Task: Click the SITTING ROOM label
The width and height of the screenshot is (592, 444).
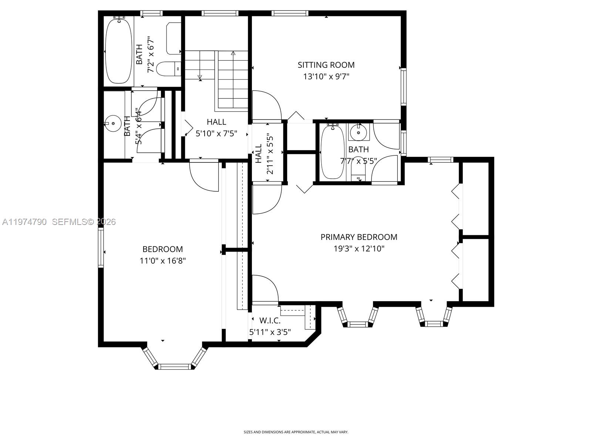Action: pos(326,65)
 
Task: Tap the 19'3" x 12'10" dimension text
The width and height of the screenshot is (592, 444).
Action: pos(359,249)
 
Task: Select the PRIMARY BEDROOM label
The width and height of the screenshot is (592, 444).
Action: pos(359,237)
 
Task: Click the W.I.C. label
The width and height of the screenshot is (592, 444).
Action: pos(270,320)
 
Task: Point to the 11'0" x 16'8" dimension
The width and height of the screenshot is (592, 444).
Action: pos(162,261)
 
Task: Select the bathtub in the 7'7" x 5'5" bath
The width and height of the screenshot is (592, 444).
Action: pos(332,152)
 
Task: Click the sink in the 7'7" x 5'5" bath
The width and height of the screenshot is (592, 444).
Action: pos(358,132)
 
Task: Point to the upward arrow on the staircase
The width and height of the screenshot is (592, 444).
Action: pos(233,54)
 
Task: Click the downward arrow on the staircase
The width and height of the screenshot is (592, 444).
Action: pos(200,77)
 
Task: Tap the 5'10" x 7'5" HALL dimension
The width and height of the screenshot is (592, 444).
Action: pos(216,133)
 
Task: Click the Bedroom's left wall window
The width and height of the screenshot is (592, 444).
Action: pos(101,247)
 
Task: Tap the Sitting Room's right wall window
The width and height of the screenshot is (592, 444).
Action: pos(403,87)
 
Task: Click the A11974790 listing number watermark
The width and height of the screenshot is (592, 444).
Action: pos(24,222)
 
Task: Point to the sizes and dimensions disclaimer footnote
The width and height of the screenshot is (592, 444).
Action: pos(296,432)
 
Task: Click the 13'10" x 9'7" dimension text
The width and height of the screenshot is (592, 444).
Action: pos(326,77)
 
